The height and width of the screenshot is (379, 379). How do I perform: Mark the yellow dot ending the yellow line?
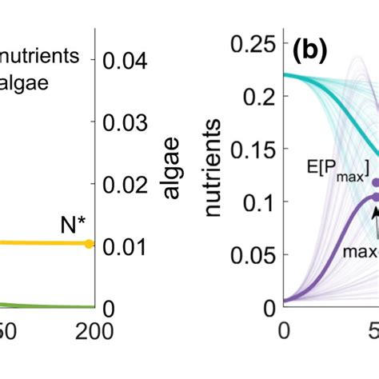click(x=89, y=243)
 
